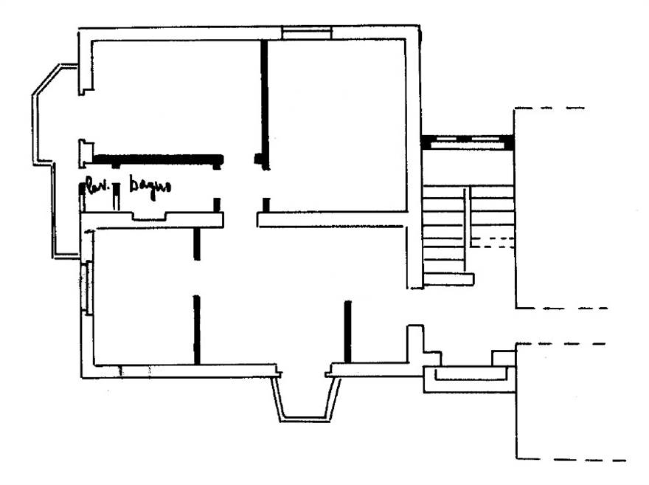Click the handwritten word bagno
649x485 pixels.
tap(150, 185)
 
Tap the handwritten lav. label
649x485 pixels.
tap(94, 185)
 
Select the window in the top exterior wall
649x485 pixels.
tap(307, 32)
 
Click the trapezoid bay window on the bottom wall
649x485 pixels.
tap(303, 402)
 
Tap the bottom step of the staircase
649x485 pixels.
tap(448, 279)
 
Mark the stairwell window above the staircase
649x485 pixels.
tap(468, 140)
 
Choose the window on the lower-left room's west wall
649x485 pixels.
tap(88, 288)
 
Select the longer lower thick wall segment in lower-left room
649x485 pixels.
tap(196, 329)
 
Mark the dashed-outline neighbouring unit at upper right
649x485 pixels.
tap(560, 207)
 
